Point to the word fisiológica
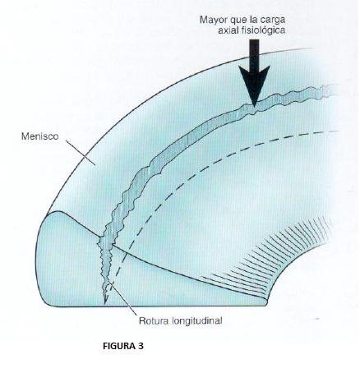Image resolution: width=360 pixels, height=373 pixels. click(265, 30)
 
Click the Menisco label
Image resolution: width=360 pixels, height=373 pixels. click(40, 136)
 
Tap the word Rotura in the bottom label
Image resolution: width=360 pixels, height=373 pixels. click(154, 320)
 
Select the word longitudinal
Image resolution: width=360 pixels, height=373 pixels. click(196, 321)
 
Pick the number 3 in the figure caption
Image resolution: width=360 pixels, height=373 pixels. click(141, 346)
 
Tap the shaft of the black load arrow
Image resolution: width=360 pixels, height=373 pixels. click(254, 53)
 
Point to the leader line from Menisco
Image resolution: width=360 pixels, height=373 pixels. click(81, 153)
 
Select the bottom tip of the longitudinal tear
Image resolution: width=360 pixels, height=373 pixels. click(105, 304)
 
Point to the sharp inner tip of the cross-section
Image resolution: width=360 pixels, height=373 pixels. click(267, 302)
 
